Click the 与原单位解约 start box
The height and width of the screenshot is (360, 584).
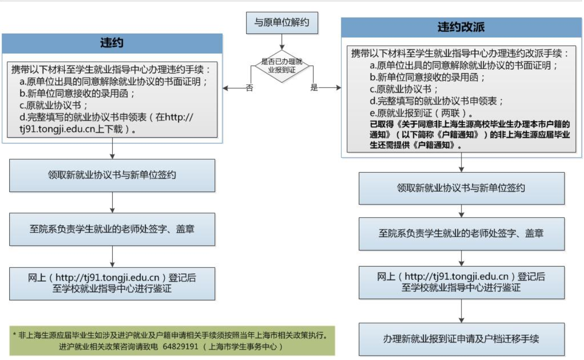click(x=282, y=22)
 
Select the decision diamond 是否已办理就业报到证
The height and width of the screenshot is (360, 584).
click(x=282, y=65)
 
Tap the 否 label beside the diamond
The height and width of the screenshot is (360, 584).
click(x=249, y=88)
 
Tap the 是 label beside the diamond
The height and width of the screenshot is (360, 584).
click(x=314, y=88)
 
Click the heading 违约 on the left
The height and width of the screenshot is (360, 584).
click(x=112, y=43)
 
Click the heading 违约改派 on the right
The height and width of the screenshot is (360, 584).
click(x=461, y=27)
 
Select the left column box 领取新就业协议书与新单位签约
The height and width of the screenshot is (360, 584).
click(x=112, y=175)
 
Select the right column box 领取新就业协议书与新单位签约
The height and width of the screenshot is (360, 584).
click(x=461, y=188)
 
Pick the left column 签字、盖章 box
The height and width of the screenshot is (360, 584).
click(x=112, y=229)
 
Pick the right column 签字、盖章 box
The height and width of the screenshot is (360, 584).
click(x=461, y=234)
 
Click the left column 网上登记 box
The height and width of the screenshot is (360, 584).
click(x=112, y=283)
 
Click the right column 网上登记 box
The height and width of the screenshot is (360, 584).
click(x=461, y=282)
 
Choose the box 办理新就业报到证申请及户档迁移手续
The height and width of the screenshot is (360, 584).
click(x=461, y=339)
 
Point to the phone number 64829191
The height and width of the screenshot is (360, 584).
click(x=180, y=347)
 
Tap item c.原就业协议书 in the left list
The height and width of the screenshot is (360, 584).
click(x=53, y=105)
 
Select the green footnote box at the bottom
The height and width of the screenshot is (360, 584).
click(x=173, y=341)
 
